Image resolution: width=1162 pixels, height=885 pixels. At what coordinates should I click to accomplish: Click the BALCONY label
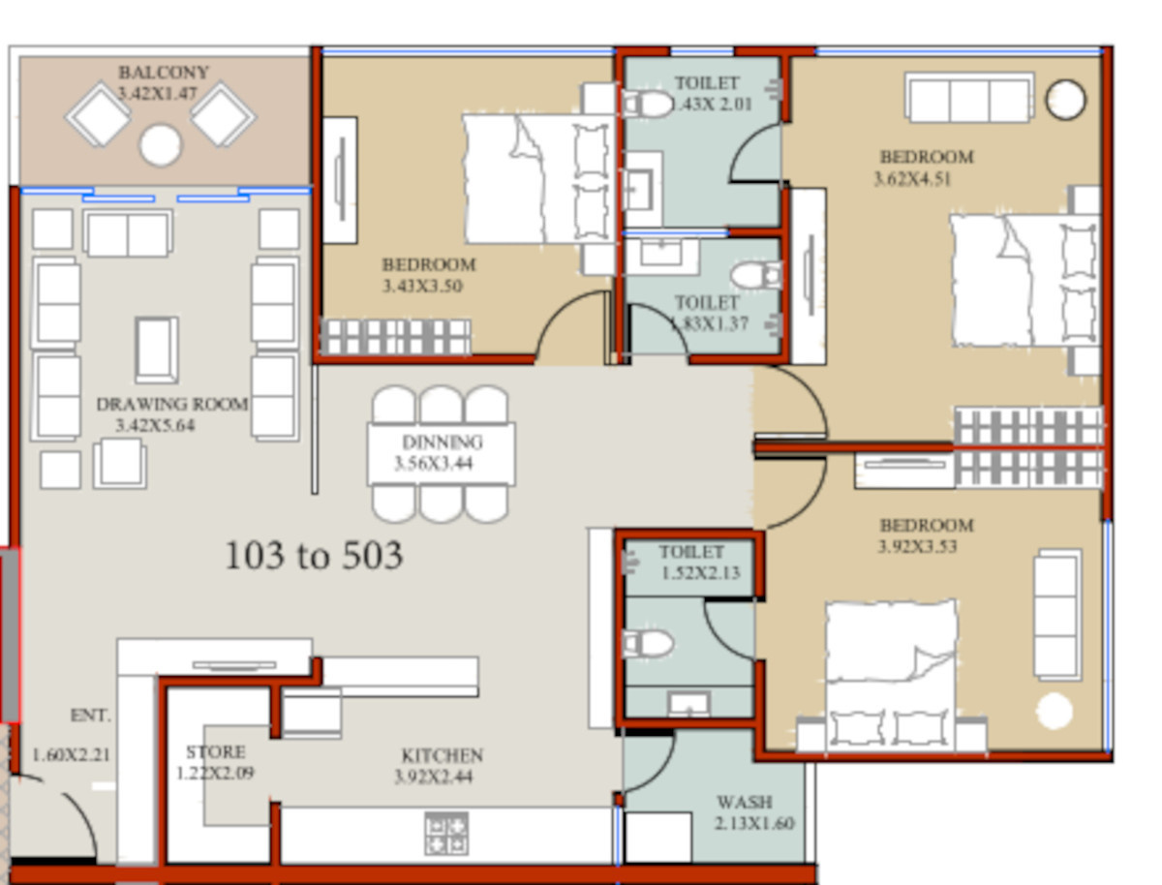tap(164, 72)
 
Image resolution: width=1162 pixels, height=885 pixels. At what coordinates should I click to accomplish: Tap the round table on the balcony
tap(160, 144)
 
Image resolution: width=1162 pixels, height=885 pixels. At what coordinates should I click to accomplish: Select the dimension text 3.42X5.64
tap(155, 425)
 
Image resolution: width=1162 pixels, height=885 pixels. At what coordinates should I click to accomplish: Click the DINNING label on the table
tap(443, 442)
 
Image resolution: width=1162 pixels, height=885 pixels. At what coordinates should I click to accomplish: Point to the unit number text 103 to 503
tap(314, 556)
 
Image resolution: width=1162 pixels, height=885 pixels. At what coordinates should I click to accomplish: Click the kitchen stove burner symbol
tap(446, 834)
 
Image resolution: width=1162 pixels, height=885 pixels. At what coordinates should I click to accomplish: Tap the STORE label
tap(216, 751)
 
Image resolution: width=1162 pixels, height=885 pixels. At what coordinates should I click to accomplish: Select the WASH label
tap(745, 802)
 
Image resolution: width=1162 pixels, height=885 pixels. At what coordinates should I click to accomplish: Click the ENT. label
tap(90, 716)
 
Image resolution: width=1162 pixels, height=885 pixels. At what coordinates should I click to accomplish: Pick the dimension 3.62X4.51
tap(912, 179)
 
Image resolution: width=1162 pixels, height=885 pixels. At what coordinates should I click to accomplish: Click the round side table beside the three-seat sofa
tap(1066, 100)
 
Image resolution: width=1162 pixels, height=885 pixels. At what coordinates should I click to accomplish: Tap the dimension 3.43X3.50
tap(422, 286)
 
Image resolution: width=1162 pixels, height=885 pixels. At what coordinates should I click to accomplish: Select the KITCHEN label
tap(442, 755)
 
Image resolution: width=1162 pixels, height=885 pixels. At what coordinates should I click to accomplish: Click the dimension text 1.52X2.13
tap(700, 572)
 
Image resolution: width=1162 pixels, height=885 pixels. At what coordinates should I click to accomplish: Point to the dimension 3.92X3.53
tap(917, 546)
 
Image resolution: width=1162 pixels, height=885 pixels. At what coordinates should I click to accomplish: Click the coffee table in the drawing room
tap(156, 350)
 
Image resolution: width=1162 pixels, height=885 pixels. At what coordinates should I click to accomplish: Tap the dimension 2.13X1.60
tap(754, 823)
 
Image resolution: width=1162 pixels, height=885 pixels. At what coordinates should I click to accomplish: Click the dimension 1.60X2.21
tap(72, 755)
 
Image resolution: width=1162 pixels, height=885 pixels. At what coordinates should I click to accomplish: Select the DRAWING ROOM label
tap(172, 405)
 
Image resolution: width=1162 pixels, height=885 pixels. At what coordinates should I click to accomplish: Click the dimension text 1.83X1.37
tap(710, 323)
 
